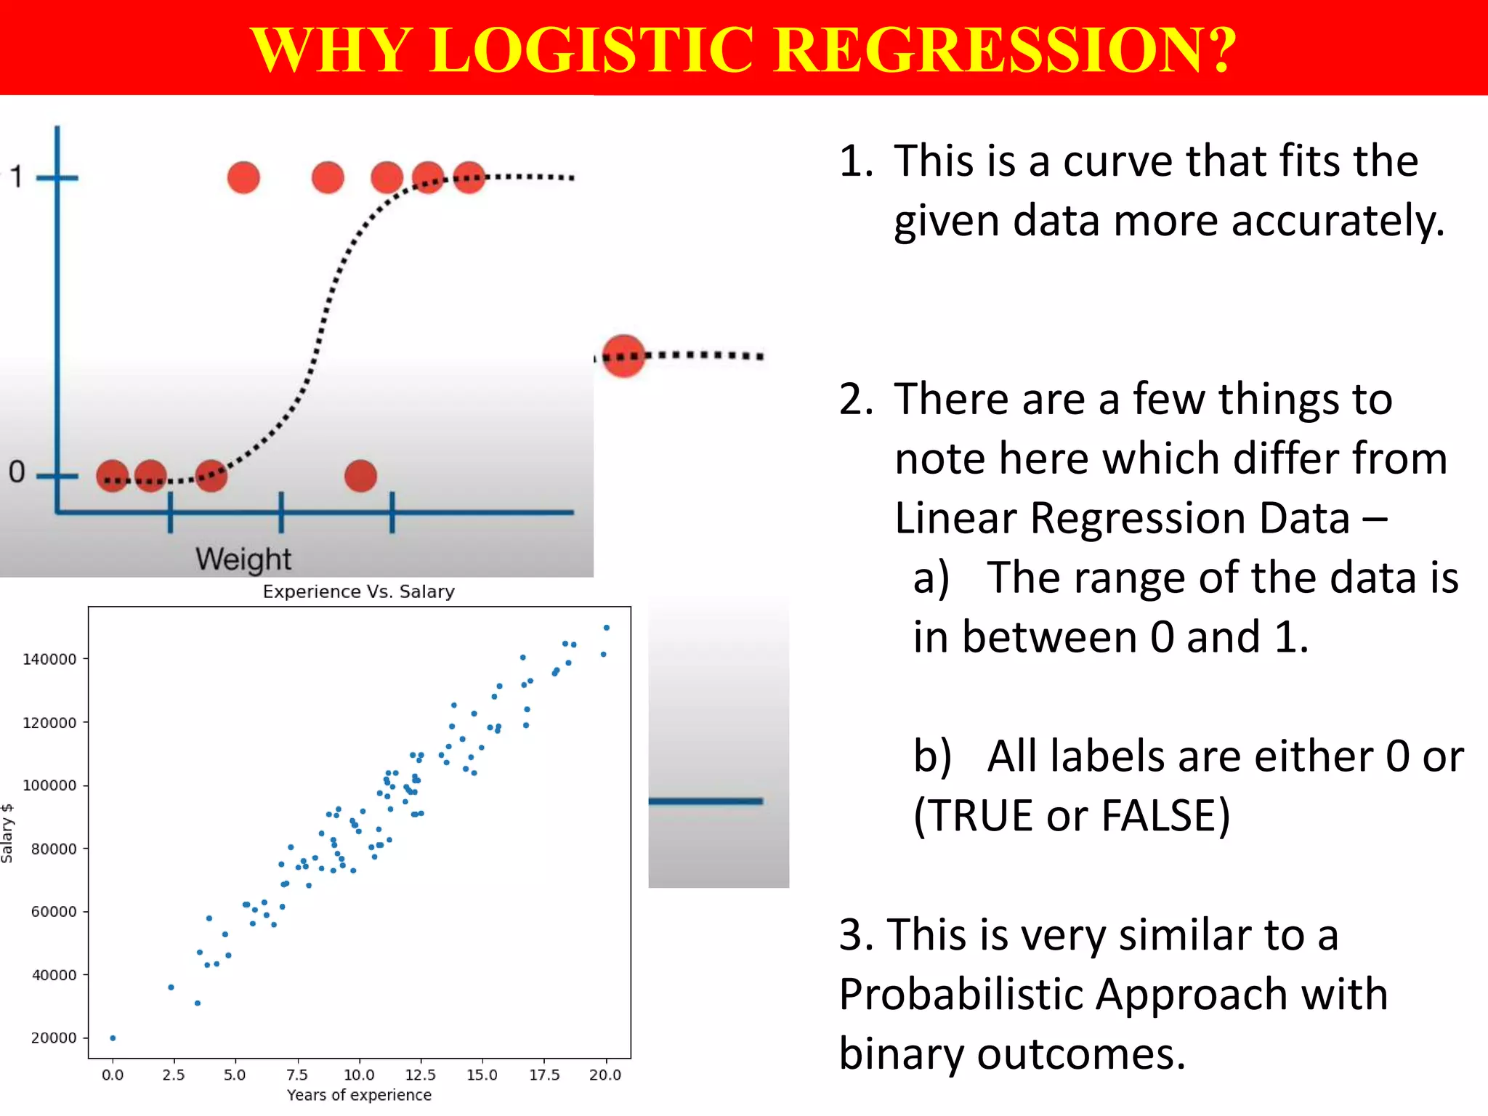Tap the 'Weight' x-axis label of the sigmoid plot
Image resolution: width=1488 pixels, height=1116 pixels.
click(243, 559)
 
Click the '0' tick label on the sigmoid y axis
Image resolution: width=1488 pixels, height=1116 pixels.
click(17, 472)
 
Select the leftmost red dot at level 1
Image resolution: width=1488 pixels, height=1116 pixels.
click(243, 177)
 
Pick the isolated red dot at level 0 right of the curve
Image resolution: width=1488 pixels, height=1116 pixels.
click(360, 477)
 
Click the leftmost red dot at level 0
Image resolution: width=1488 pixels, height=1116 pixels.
click(113, 477)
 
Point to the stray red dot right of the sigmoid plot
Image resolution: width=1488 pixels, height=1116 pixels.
click(623, 356)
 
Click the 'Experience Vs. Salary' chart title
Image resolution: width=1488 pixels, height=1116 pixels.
click(358, 591)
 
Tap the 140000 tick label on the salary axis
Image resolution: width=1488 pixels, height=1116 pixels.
click(49, 660)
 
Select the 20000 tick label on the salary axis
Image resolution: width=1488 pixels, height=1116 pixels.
click(53, 1038)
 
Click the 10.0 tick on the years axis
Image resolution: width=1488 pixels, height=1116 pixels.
click(359, 1075)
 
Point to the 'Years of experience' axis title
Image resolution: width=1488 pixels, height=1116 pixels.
click(359, 1095)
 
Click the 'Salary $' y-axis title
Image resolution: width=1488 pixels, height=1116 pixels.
click(7, 833)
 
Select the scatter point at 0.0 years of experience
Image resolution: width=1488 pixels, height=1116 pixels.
click(113, 1038)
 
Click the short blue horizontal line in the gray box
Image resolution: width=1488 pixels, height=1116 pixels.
click(705, 801)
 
